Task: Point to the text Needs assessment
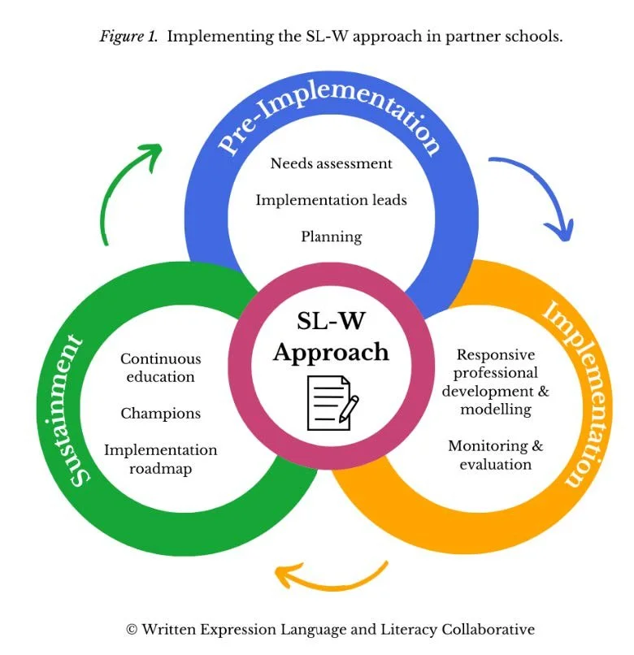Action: [331, 163]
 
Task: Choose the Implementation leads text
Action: [331, 200]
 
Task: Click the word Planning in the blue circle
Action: [331, 237]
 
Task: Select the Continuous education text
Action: [160, 367]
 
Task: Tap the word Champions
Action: [160, 414]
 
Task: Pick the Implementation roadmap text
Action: [160, 458]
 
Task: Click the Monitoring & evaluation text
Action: [495, 455]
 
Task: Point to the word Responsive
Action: [495, 355]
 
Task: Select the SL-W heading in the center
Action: [331, 321]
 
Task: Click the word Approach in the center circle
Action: [331, 352]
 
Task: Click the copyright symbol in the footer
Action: [131, 629]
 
